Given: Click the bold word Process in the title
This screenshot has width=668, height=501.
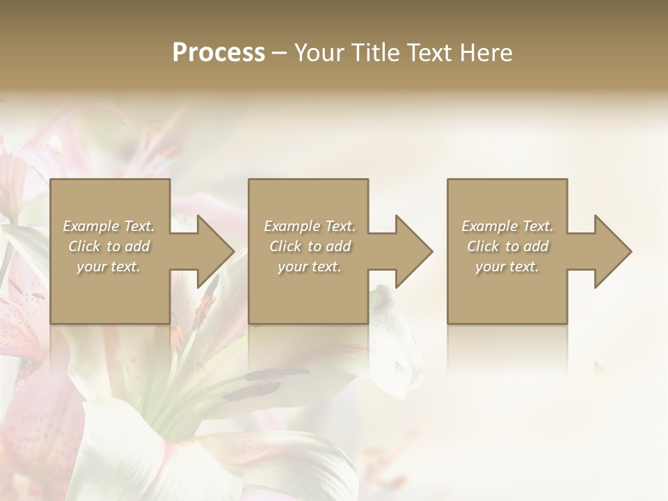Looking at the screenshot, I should point(218,53).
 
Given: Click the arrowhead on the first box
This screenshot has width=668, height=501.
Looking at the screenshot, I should point(209,251).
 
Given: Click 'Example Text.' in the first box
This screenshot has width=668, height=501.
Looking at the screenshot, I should point(109,226).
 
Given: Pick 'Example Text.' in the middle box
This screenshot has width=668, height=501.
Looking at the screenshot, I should point(310,226).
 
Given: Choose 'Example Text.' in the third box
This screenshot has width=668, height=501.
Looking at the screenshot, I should point(507,226).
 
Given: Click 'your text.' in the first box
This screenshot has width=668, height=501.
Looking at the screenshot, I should point(109,267).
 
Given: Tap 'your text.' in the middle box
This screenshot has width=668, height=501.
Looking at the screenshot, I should point(310,267).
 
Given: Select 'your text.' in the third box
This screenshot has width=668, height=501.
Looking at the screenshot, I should point(507,267).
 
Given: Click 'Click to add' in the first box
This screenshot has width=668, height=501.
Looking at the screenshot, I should point(109,246).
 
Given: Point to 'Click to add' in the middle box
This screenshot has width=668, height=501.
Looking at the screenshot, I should point(310,246).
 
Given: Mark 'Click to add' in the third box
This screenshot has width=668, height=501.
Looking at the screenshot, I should point(507,246).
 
